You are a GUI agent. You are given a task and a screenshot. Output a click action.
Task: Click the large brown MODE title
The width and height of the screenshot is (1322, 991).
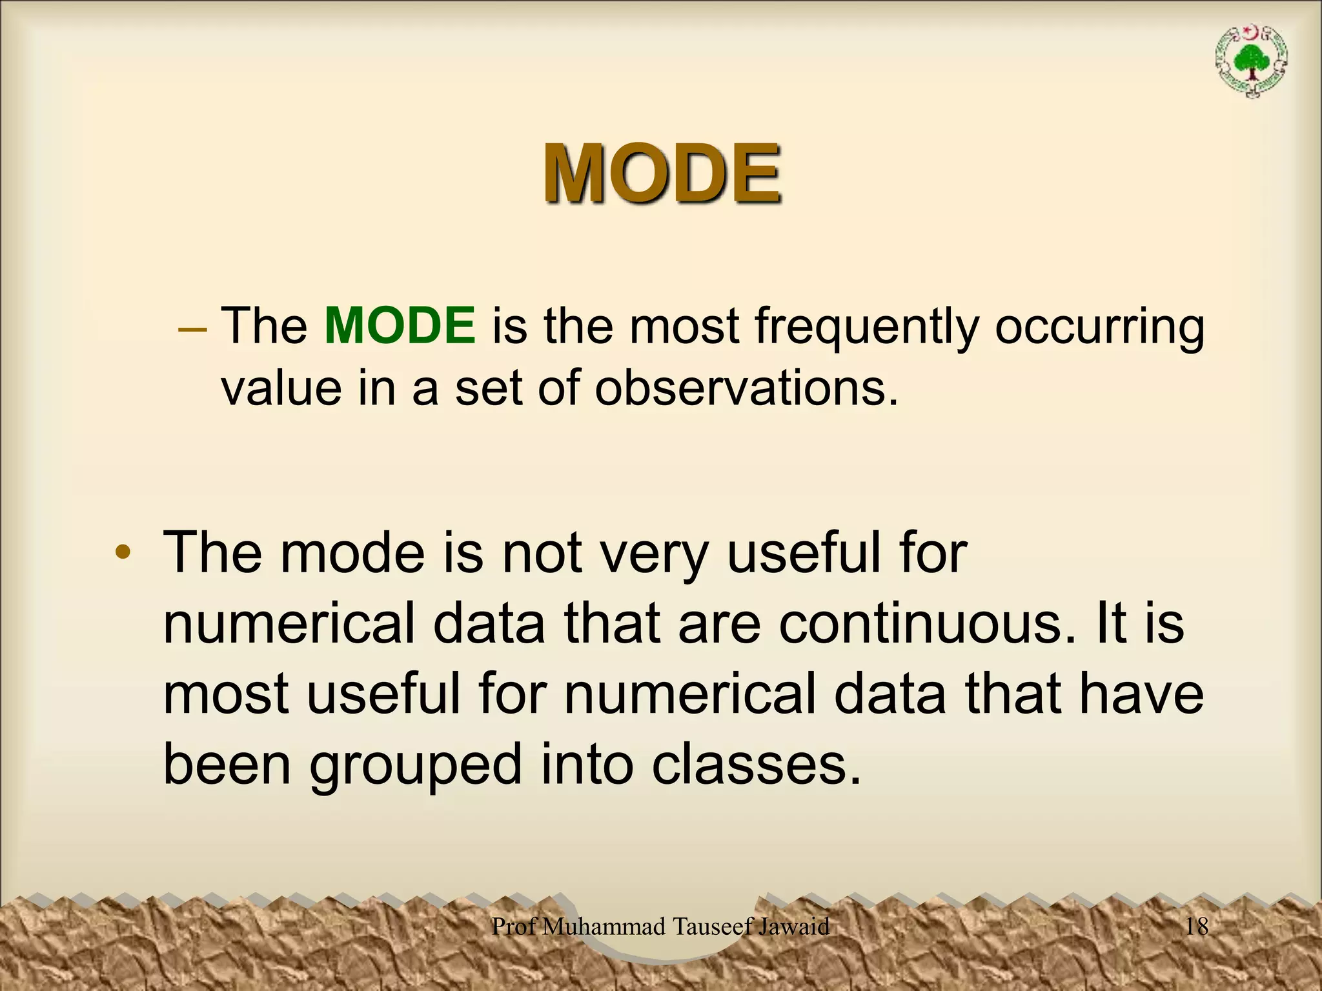[x=662, y=173]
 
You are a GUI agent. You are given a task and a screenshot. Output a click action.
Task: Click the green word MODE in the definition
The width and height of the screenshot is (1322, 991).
[x=400, y=326]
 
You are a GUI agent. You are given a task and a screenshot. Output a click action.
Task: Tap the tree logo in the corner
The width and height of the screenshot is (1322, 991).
[x=1252, y=70]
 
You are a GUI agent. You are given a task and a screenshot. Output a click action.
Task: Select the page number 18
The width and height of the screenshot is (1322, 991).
[x=1197, y=926]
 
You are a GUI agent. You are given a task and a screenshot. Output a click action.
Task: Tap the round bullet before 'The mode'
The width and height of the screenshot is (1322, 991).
[x=123, y=553]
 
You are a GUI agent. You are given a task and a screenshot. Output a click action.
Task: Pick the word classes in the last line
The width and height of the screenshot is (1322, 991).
[x=755, y=764]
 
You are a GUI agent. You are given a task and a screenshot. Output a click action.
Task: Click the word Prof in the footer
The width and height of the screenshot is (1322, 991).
[x=514, y=926]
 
